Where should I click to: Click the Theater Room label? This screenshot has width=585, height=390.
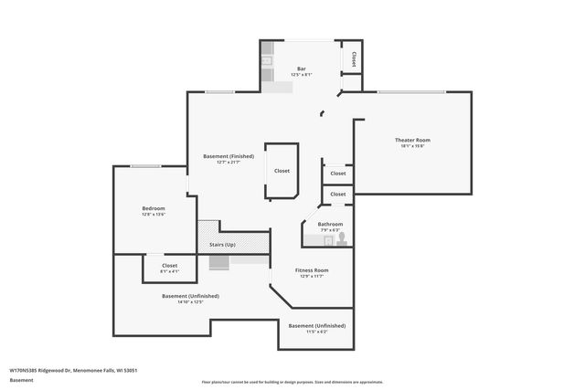pyautogui.click(x=412, y=140)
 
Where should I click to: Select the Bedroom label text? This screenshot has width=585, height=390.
pyautogui.click(x=153, y=209)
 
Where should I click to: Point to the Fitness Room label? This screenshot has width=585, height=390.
pyautogui.click(x=311, y=270)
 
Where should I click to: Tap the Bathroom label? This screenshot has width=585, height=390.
pyautogui.click(x=330, y=224)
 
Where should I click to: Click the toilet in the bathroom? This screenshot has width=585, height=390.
pyautogui.click(x=341, y=239)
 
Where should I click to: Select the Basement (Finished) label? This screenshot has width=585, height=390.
pyautogui.click(x=229, y=156)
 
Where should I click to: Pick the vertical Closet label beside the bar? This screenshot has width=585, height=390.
pyautogui.click(x=353, y=58)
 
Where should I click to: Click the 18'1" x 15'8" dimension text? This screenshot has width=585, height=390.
pyautogui.click(x=412, y=146)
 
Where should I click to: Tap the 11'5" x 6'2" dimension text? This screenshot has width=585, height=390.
pyautogui.click(x=316, y=332)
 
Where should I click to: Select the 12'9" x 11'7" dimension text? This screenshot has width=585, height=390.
pyautogui.click(x=311, y=277)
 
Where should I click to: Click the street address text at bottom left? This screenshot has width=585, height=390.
pyautogui.click(x=73, y=370)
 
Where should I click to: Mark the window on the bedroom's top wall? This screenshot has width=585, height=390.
pyautogui.click(x=146, y=166)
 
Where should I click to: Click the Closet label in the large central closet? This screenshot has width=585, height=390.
pyautogui.click(x=282, y=171)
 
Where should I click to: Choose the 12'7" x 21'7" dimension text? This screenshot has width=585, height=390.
pyautogui.click(x=229, y=163)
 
